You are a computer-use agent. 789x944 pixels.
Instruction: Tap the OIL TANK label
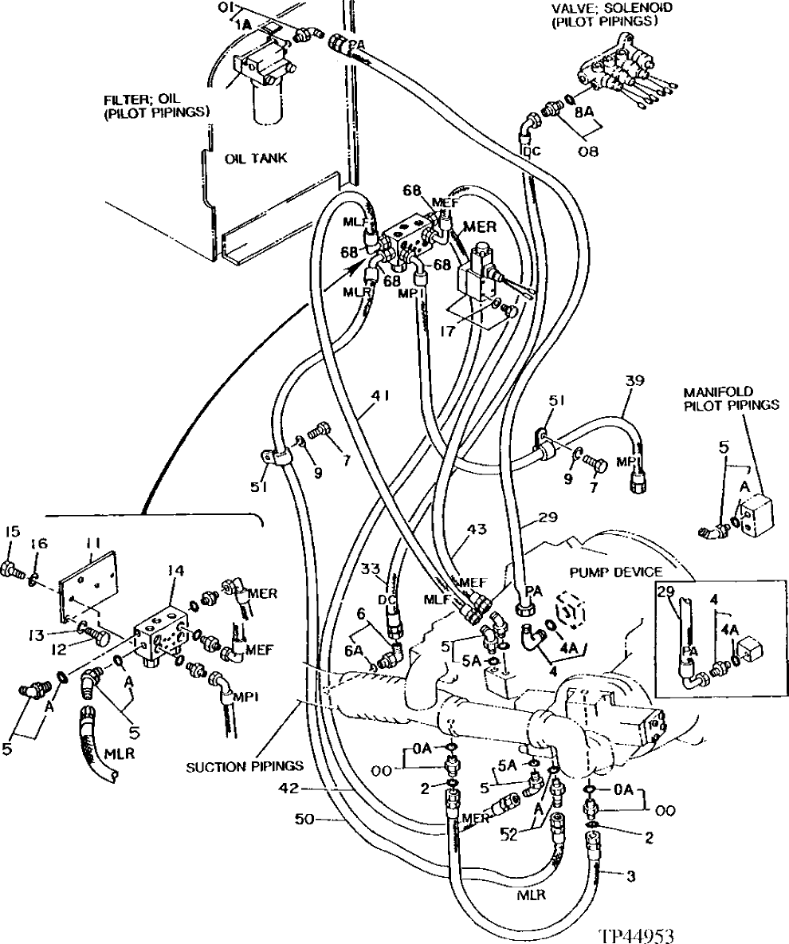[255, 158]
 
